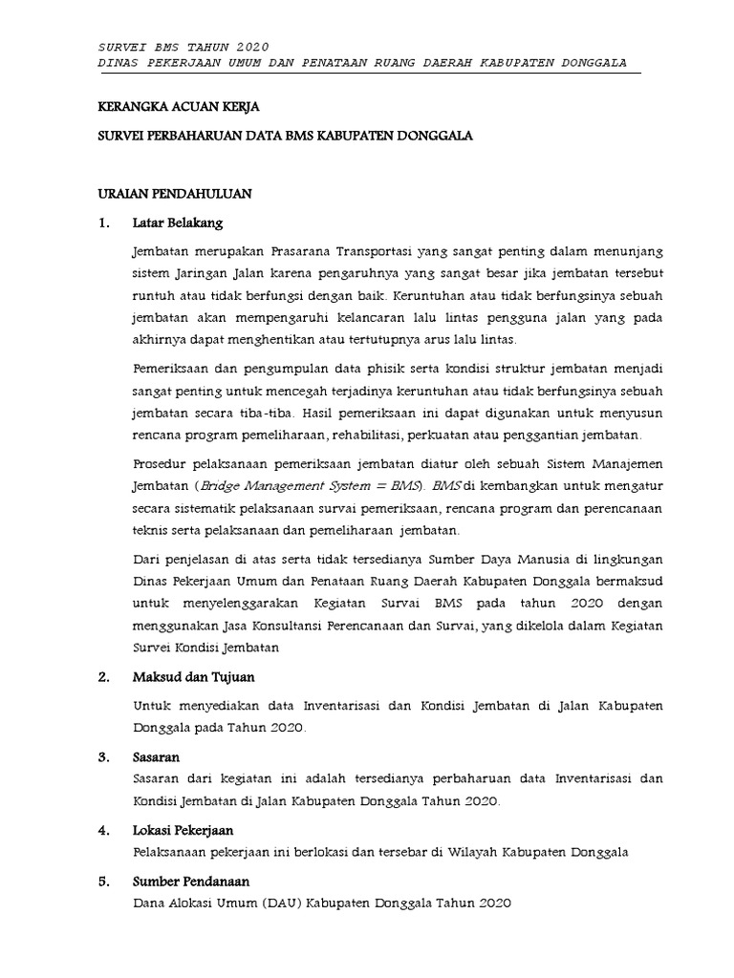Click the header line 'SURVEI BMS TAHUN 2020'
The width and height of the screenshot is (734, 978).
coord(184,47)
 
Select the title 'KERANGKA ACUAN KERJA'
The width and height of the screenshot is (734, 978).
coord(180,107)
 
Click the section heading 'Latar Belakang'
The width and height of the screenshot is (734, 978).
coord(178,223)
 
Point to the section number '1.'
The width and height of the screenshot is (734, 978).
coord(106,223)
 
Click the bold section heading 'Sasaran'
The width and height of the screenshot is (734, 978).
coord(158,756)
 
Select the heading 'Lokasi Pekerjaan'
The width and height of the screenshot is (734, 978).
coord(183,830)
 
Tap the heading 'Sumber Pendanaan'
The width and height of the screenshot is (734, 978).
coord(184,882)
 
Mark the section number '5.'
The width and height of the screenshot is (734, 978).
coord(106,882)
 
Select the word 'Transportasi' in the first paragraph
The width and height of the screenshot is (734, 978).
coord(377,250)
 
